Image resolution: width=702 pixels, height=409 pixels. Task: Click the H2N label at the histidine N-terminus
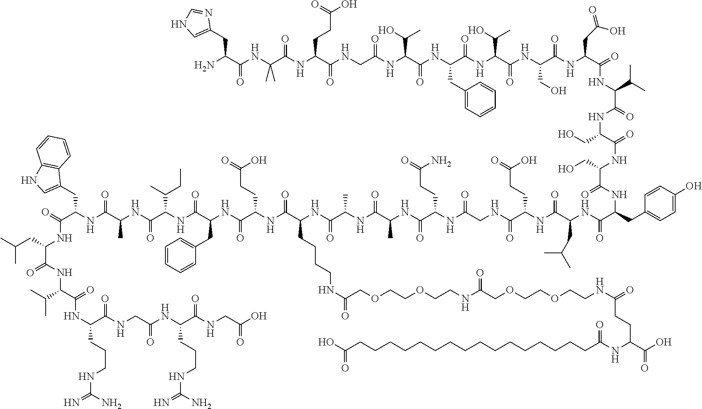tap(202, 66)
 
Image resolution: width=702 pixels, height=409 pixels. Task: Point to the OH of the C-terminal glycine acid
tap(259, 316)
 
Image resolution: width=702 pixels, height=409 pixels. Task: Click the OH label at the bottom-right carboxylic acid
tap(664, 342)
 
